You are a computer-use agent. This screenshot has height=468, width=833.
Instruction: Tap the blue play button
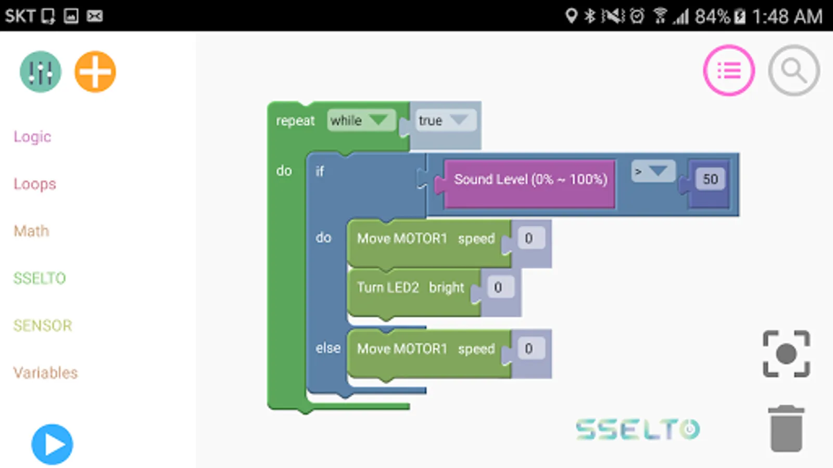click(52, 445)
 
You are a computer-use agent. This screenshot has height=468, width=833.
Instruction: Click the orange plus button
click(95, 72)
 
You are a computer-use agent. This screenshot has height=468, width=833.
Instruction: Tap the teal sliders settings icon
click(40, 72)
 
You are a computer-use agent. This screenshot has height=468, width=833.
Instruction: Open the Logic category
click(32, 137)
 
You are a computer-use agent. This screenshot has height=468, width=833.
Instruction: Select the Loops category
click(34, 184)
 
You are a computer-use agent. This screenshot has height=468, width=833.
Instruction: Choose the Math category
click(31, 231)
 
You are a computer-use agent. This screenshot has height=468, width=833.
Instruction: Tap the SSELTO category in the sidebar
click(40, 278)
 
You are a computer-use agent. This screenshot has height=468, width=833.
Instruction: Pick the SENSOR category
click(43, 326)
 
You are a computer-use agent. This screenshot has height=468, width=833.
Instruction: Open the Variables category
click(45, 373)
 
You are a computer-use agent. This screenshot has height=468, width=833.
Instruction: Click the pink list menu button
click(729, 70)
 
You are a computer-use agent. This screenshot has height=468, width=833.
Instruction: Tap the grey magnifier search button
click(794, 70)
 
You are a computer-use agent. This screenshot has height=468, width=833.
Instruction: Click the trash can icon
click(786, 429)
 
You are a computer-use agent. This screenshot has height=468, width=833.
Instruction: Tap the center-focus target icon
click(786, 354)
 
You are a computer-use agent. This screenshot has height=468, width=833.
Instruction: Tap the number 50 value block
click(710, 179)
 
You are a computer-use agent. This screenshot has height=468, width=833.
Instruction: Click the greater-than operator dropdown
click(653, 171)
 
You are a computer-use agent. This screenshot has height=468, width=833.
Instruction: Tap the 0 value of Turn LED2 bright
click(498, 288)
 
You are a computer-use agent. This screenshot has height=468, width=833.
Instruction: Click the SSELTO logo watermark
click(638, 430)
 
